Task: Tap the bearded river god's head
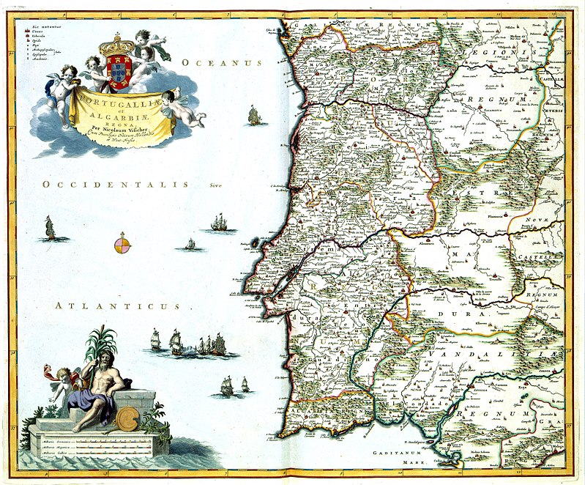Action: [x=101, y=361]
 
